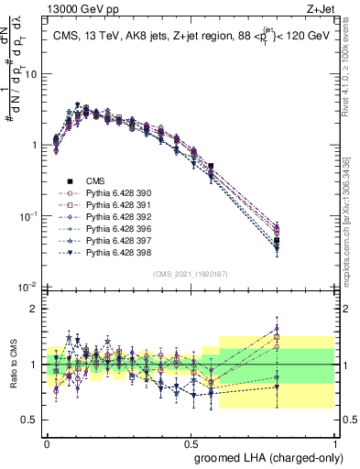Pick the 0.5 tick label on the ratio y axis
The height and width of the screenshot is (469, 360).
point(29,420)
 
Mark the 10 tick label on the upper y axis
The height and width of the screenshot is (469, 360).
point(29,74)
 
